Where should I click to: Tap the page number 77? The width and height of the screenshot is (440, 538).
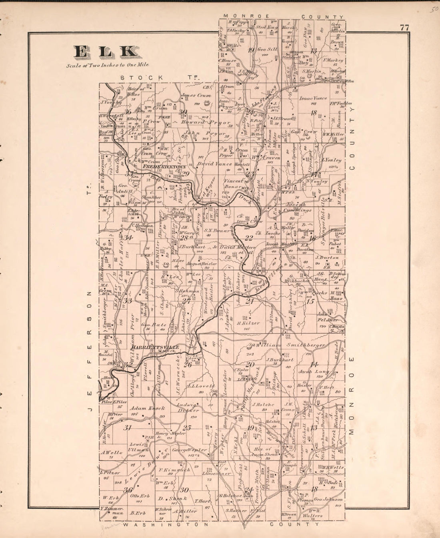(x=404, y=28)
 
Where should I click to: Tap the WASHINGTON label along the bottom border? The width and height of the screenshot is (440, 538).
(x=166, y=524)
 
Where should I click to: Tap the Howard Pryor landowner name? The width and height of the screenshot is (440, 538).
(x=206, y=122)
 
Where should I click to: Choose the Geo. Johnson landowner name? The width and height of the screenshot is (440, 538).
(x=328, y=500)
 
